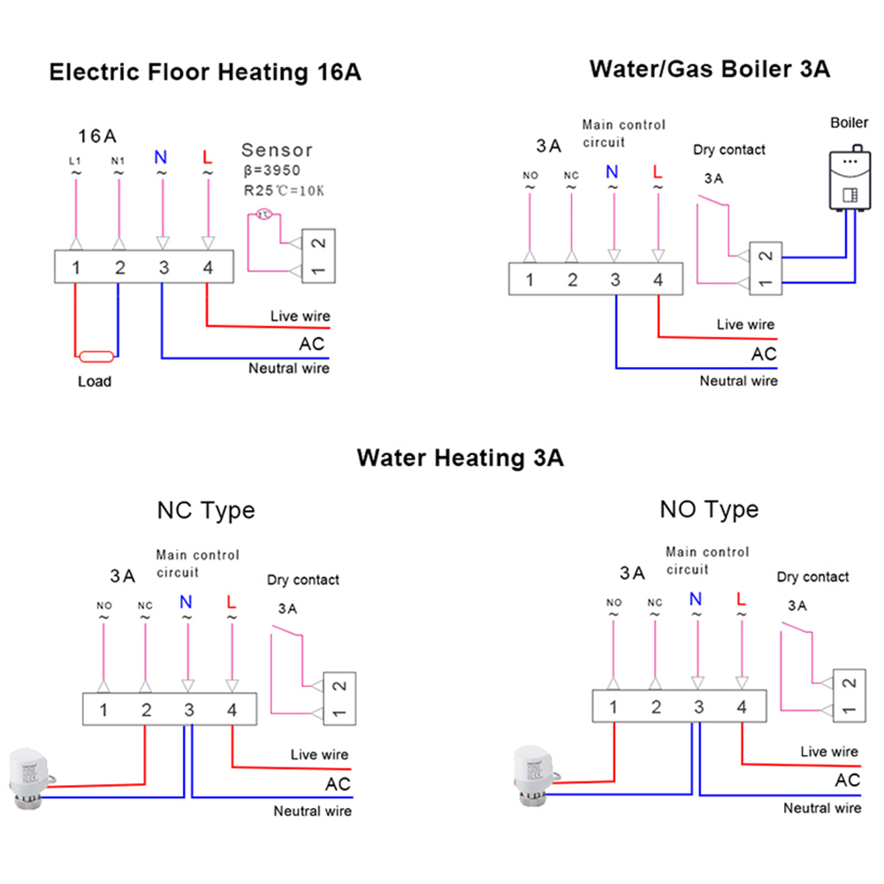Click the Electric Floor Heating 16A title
205,72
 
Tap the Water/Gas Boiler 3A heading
710,68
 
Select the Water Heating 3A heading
460,458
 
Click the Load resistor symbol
95,357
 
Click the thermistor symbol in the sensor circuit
263,213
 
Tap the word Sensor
277,150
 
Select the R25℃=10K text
284,189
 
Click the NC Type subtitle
206,510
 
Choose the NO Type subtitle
709,509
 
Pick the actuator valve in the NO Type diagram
538,775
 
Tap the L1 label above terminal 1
76,160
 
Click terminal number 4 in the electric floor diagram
208,268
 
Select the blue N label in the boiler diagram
612,171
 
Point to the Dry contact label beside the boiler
729,149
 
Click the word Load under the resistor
95,382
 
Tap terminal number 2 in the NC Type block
146,710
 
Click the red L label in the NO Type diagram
740,598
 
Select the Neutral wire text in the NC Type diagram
312,811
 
